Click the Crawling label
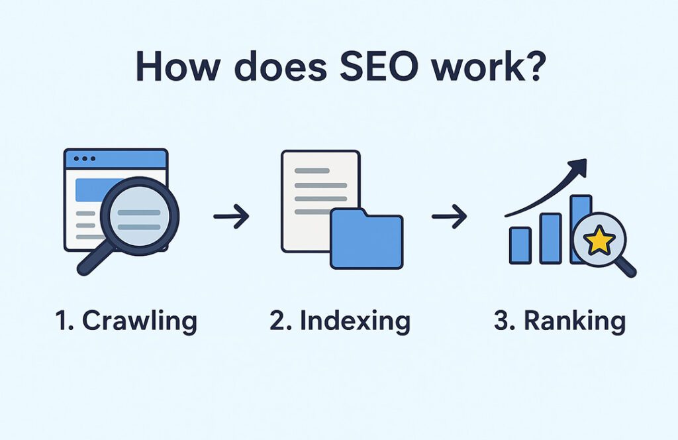coord(126,321)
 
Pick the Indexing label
coord(340,321)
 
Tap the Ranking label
coord(559,321)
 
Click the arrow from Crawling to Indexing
coord(231,216)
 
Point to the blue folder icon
coord(366,239)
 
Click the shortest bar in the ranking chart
coord(520,245)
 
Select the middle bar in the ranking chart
coord(550,237)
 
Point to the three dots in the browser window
coord(85,159)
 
